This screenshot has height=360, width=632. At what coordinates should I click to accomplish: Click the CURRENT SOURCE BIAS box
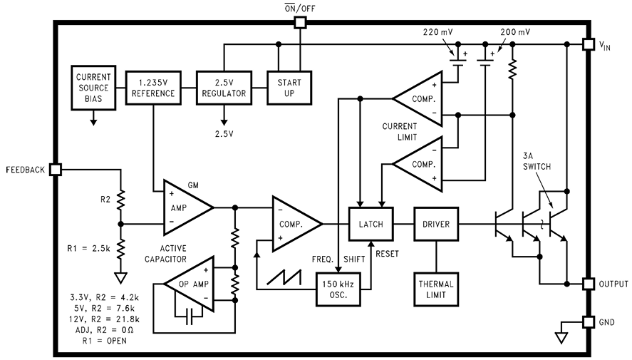tap(93, 88)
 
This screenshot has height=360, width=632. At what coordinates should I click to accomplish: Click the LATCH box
tap(371, 224)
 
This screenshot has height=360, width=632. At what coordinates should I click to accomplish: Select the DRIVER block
tap(436, 224)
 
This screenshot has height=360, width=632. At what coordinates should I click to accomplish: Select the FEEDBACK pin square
tap(56, 170)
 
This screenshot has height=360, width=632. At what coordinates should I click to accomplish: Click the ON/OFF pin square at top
tap(300, 23)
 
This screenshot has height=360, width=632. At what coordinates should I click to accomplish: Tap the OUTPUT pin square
tap(588, 284)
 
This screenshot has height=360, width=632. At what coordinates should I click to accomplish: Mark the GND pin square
tap(588, 322)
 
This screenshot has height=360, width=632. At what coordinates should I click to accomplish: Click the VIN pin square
tap(588, 44)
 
